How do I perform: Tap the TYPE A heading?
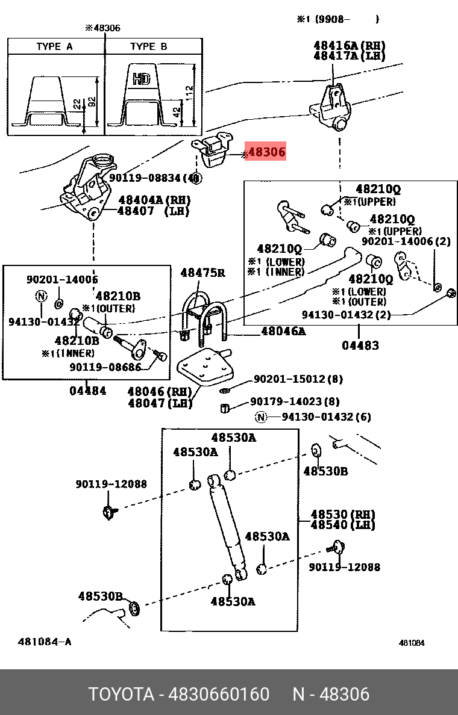point(54,46)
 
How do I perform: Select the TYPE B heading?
point(148,46)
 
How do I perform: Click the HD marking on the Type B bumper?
point(141,78)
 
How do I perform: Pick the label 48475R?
point(202,273)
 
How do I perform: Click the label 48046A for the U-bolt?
point(283,331)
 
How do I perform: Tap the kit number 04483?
point(360,345)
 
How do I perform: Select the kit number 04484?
point(87,391)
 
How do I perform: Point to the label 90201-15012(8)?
point(298,379)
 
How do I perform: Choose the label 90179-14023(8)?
point(295,401)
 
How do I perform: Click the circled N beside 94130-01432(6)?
point(260,416)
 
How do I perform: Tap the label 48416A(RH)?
point(349,45)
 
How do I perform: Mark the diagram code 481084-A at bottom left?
point(45,642)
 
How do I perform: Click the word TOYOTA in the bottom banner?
point(121,695)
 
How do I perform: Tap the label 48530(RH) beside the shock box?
point(342,515)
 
